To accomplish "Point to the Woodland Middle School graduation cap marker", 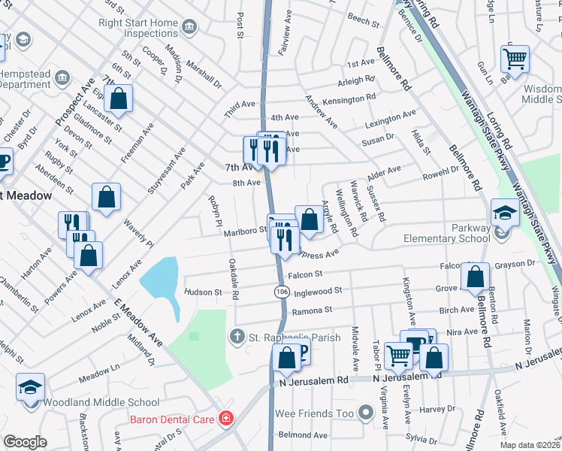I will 31,389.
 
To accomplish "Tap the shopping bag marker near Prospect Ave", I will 119,98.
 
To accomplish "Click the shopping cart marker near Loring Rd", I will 515,58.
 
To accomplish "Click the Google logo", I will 25,442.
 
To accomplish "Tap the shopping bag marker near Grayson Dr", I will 476,277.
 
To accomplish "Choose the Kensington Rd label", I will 349,99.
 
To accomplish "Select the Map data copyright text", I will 530,444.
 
